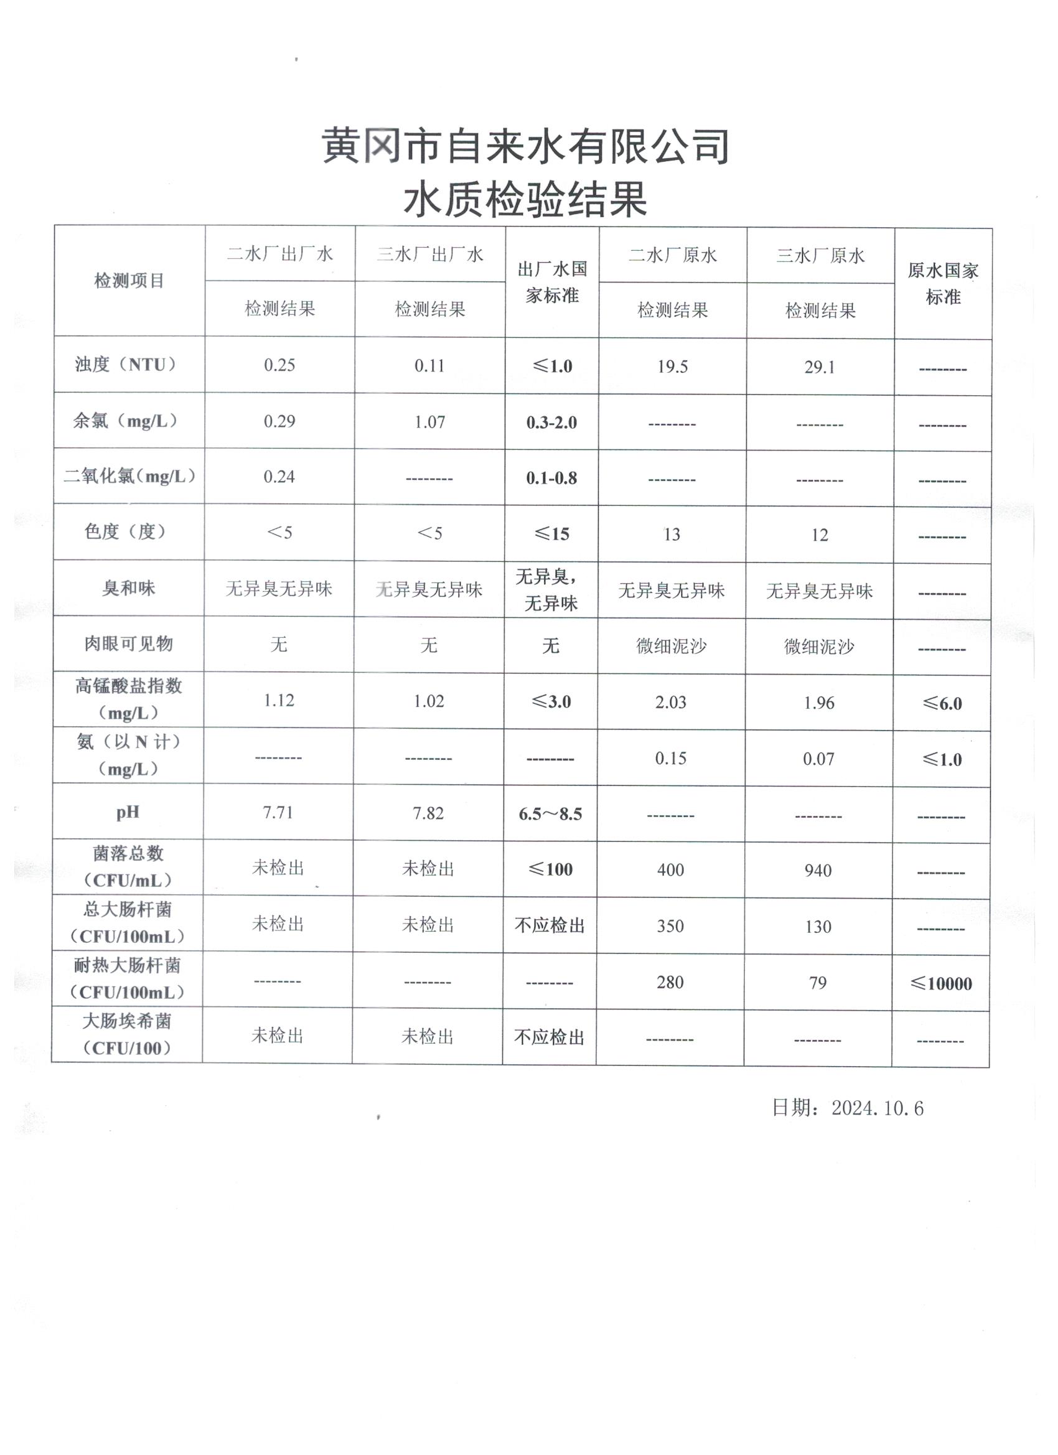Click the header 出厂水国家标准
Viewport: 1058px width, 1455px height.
(x=552, y=282)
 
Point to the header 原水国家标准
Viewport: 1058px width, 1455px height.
(x=942, y=284)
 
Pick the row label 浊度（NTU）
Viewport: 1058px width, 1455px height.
(x=126, y=365)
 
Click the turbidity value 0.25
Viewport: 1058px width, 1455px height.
(x=279, y=365)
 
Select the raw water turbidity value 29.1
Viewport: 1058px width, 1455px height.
(x=820, y=367)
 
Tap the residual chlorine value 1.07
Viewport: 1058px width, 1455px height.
(x=429, y=421)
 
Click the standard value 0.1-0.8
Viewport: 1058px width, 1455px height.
(x=551, y=478)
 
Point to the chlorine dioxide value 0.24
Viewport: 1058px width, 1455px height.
(x=279, y=477)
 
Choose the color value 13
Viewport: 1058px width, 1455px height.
(x=671, y=535)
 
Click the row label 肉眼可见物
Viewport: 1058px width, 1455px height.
(x=128, y=643)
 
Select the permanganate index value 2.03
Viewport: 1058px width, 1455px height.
(x=670, y=703)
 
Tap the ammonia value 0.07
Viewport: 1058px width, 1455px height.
(x=818, y=759)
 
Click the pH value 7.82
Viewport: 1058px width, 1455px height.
(x=428, y=813)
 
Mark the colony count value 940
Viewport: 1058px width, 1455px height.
(x=818, y=871)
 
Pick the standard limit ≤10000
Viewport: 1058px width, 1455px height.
(x=940, y=983)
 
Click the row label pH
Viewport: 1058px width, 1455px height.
(x=128, y=812)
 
